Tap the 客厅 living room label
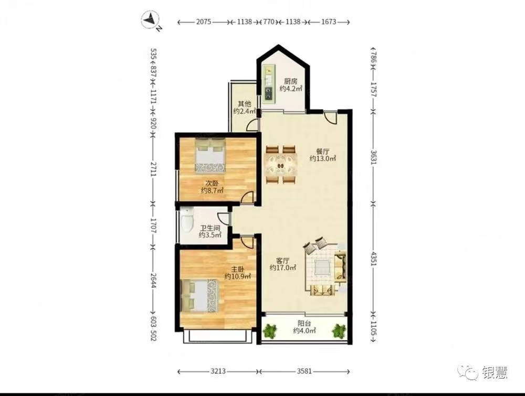[x=283, y=263]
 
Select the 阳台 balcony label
[x=304, y=327]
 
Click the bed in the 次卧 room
[x=210, y=155]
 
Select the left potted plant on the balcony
[x=270, y=330]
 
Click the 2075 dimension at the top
[x=204, y=23]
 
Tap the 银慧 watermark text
[x=491, y=373]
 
